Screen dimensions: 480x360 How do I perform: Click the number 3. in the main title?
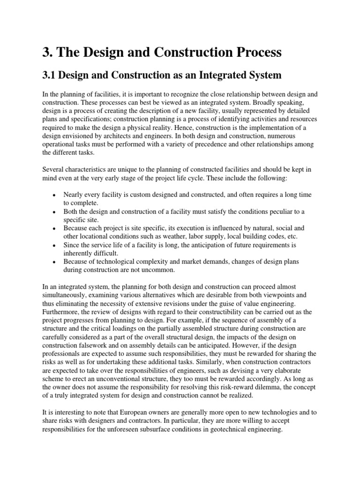48,52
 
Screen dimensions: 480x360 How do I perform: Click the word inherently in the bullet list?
80,254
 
